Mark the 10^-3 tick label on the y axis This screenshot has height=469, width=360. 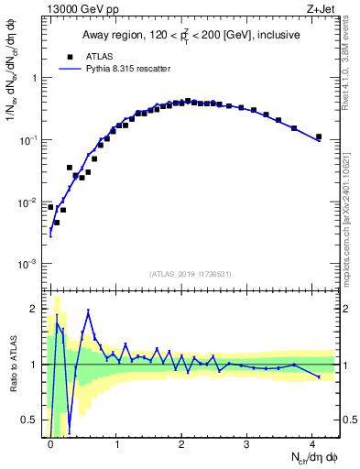[x=28, y=264]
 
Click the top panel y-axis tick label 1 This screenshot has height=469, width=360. [x=35, y=78]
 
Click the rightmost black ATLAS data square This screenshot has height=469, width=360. [x=319, y=137]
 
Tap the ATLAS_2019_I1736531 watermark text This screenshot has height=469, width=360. [x=191, y=274]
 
